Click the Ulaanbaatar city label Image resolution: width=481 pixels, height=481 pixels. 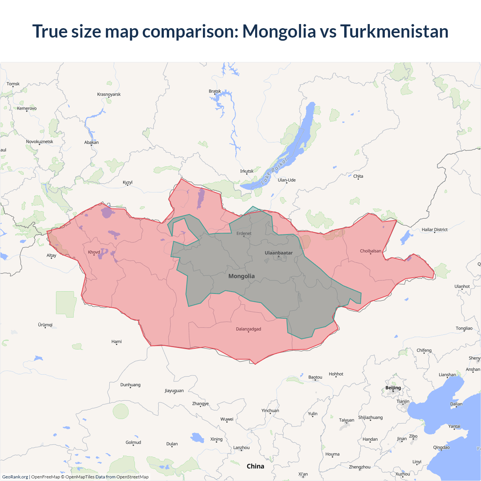278,253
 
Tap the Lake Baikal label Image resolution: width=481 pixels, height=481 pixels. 274,171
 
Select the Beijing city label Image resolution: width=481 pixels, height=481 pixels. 393,388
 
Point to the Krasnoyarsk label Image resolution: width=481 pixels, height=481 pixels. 109,94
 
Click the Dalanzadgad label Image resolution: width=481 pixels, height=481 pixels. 248,329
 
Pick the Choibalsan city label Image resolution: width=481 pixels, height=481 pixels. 370,251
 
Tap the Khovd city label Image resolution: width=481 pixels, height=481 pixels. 94,252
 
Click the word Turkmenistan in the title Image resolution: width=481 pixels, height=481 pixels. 394,31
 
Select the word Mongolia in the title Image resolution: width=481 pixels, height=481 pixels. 279,31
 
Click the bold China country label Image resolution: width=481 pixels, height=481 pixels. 255,466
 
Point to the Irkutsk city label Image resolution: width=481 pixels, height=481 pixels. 247,171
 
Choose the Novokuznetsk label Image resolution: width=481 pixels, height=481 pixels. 39,142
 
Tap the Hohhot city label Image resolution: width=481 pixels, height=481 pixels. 336,374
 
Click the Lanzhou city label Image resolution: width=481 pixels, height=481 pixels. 241,448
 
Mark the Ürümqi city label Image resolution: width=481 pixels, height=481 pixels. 45,325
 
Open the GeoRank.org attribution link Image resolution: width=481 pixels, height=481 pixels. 15,477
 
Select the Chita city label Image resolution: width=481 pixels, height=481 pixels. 358,176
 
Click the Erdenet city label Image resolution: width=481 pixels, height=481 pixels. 244,233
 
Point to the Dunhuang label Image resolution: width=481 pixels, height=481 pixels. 130,385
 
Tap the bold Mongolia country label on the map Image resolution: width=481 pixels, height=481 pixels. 241,276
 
